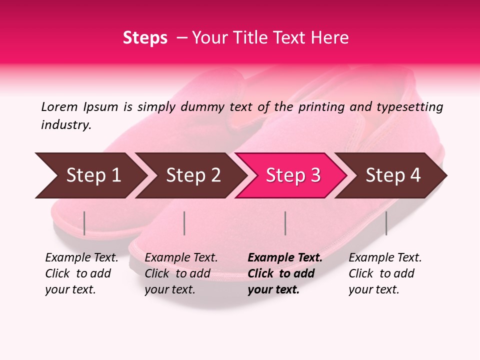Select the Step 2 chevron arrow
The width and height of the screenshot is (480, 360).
(x=190, y=175)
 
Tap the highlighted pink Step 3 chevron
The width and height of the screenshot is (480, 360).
(x=291, y=175)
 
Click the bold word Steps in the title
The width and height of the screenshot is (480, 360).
(x=145, y=38)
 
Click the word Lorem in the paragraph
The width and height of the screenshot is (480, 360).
(x=59, y=106)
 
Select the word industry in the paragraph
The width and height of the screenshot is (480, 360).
(x=66, y=124)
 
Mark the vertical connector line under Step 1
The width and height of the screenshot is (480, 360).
(x=84, y=223)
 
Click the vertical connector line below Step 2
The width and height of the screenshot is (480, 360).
(x=184, y=223)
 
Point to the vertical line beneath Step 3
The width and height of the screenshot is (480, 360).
(x=285, y=223)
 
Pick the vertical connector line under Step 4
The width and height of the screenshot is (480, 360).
(x=386, y=223)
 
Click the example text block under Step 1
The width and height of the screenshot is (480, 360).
(x=81, y=273)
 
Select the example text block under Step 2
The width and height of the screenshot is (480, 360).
(x=181, y=273)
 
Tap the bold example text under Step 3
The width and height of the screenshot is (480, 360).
(x=285, y=273)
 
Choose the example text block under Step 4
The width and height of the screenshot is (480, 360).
(x=385, y=273)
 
